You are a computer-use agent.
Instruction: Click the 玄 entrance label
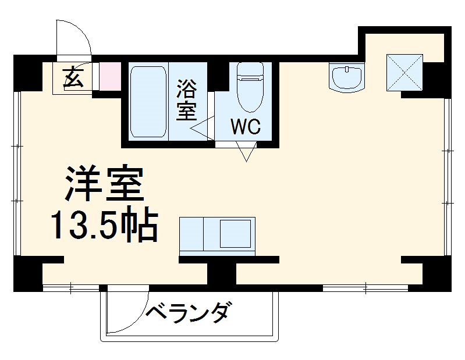pos(73,77)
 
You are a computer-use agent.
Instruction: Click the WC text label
pos(247,127)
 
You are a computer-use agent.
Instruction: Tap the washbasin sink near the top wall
pos(347,77)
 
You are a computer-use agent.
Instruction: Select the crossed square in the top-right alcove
pos(404,72)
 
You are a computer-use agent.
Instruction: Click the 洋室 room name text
pos(104,183)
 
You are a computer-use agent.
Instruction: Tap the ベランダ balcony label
pos(189,313)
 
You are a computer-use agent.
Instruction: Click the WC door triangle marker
pos(246,152)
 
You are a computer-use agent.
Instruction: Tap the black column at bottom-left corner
pos(27,273)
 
